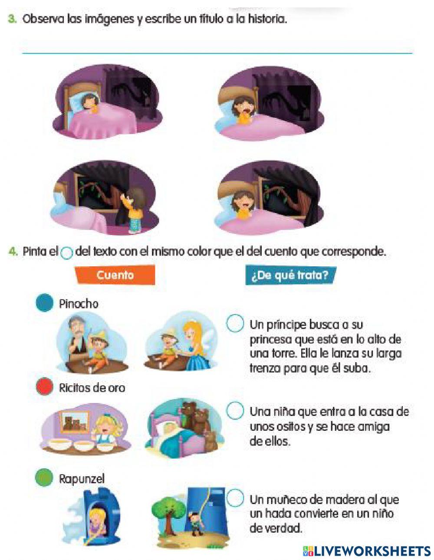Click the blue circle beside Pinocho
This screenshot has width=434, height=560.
click(x=44, y=303)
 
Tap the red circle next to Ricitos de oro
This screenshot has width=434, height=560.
click(x=44, y=386)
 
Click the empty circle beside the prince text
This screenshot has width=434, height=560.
click(x=235, y=323)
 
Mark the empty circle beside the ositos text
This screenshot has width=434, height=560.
click(x=235, y=410)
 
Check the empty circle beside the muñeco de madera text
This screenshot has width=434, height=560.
click(x=235, y=498)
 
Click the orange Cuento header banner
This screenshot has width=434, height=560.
click(x=115, y=275)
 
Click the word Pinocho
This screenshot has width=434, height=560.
click(x=79, y=304)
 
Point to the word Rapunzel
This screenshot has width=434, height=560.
click(x=82, y=479)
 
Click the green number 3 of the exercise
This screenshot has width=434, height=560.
click(x=12, y=19)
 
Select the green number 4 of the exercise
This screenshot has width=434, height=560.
click(x=13, y=251)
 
